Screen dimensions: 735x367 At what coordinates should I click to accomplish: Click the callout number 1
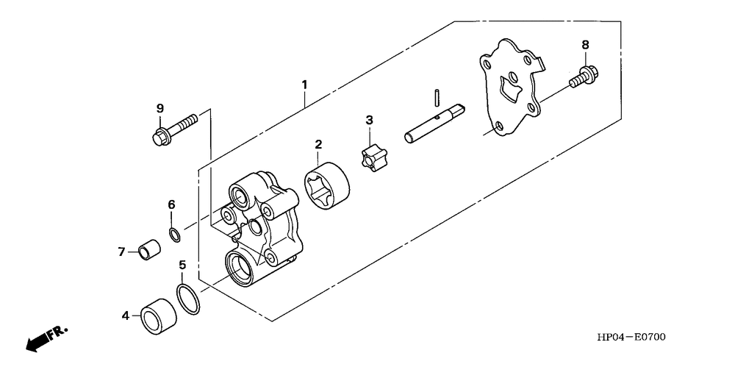tap(304, 85)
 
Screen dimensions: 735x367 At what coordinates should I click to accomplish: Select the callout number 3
tap(370, 120)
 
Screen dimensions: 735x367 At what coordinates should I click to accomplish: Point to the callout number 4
tap(126, 316)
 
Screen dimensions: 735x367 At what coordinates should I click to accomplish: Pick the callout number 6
tap(171, 204)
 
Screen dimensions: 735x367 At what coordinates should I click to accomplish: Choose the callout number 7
tap(121, 252)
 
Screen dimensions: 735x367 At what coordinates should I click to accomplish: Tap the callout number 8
tap(585, 45)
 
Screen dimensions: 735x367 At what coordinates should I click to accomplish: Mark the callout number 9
tap(159, 109)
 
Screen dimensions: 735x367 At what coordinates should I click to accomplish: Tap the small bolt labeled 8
tap(584, 76)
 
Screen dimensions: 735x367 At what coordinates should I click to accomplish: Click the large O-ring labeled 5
tap(187, 300)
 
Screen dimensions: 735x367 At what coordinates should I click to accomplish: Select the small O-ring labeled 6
tap(176, 235)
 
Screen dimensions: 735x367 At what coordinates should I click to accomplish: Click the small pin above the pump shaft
tap(436, 96)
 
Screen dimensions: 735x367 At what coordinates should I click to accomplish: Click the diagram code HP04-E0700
tap(631, 338)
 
